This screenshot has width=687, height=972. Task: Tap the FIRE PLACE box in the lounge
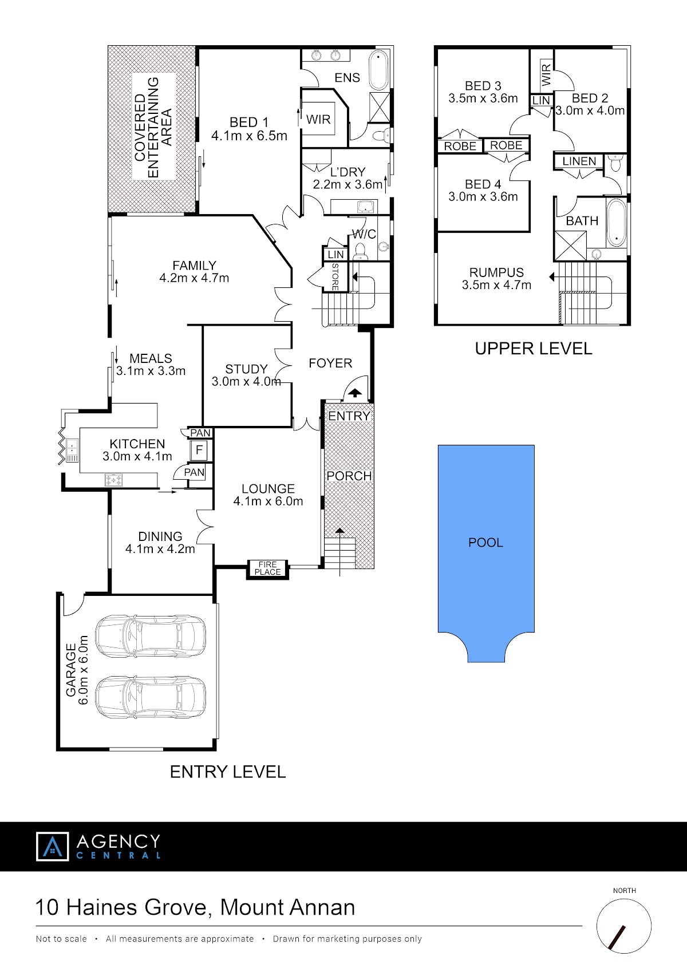pyautogui.click(x=267, y=568)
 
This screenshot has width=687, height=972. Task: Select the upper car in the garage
pyautogui.click(x=151, y=635)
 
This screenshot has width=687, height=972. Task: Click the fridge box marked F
pyautogui.click(x=199, y=451)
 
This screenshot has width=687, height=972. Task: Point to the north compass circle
pyautogui.click(x=623, y=926)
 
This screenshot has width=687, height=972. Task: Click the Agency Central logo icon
pyautogui.click(x=52, y=846)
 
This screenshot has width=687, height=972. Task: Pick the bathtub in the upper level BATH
pyautogui.click(x=616, y=223)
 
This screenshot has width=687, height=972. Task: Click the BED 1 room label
pyautogui.click(x=249, y=129)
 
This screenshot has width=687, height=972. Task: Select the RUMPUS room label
pyautogui.click(x=496, y=279)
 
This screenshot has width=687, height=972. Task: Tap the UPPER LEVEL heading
pyautogui.click(x=533, y=349)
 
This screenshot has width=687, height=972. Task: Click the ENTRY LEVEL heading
pyautogui.click(x=228, y=772)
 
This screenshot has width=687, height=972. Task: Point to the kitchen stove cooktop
pyautogui.click(x=113, y=480)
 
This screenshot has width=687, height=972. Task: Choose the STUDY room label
pyautogui.click(x=246, y=376)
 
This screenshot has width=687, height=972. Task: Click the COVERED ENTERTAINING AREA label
pyautogui.click(x=153, y=127)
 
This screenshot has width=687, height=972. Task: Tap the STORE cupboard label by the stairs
pyautogui.click(x=335, y=276)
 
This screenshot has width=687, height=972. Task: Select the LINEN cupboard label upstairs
pyautogui.click(x=579, y=161)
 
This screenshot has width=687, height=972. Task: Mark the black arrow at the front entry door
pyautogui.click(x=355, y=393)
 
